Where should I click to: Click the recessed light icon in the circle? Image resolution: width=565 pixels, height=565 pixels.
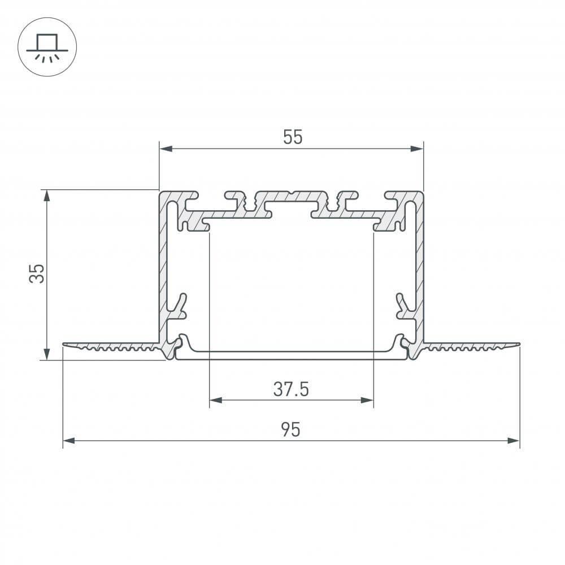[x=47, y=47]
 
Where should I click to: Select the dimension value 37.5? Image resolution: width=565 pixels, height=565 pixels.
[x=291, y=389]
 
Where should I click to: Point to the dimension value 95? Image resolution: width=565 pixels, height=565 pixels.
[x=290, y=430]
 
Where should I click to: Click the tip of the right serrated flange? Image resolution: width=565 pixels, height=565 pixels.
[x=518, y=344]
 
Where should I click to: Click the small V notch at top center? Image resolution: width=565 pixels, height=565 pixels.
[x=291, y=194]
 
